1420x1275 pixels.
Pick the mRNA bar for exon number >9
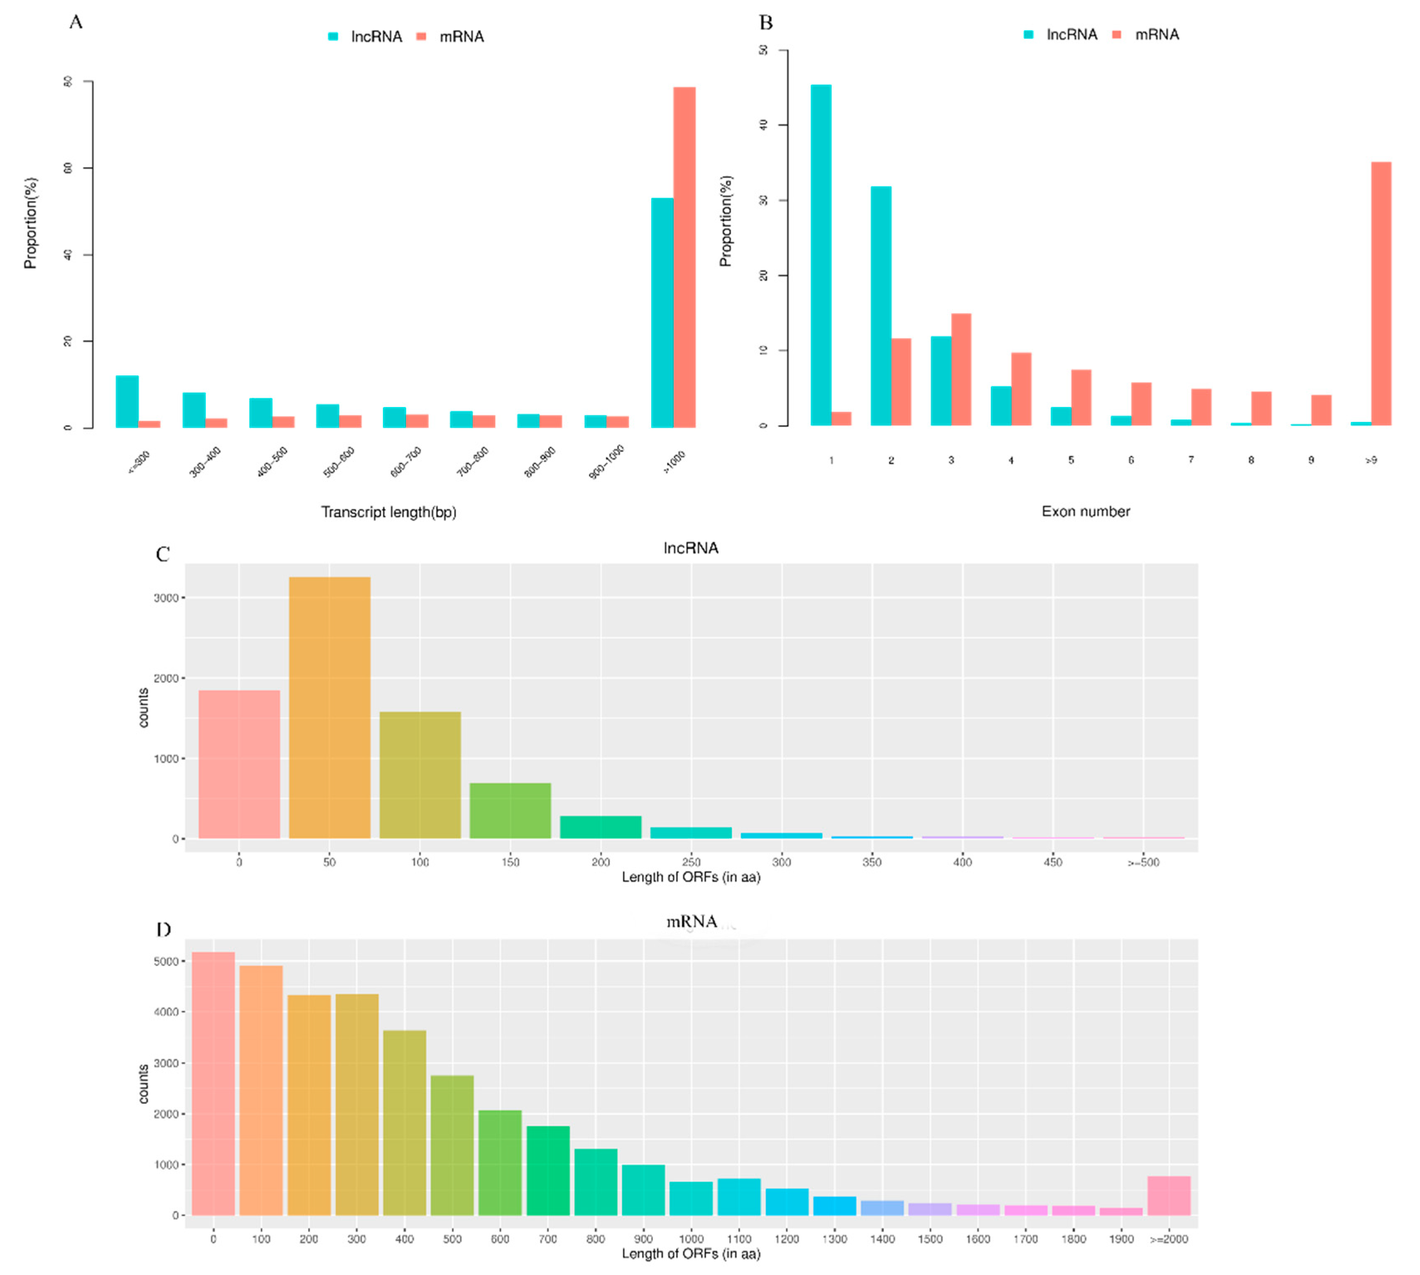click(x=1381, y=294)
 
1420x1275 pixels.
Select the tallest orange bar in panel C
click(x=329, y=708)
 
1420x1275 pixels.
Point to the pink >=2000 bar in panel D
click(x=1168, y=1196)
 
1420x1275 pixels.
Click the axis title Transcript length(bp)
click(x=389, y=512)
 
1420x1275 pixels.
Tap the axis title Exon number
click(x=1085, y=511)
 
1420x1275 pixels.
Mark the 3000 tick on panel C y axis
click(x=166, y=598)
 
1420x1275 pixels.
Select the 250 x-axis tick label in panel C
click(x=691, y=862)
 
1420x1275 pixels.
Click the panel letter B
click(x=766, y=22)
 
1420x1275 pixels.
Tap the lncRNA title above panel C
click(x=691, y=548)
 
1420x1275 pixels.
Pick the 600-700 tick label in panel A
click(x=406, y=462)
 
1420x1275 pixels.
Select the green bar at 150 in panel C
click(x=510, y=811)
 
